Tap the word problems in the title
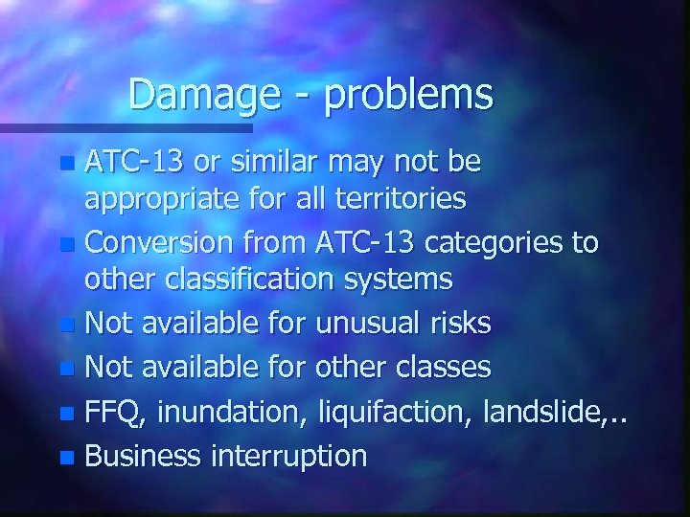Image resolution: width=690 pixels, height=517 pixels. (408, 95)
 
